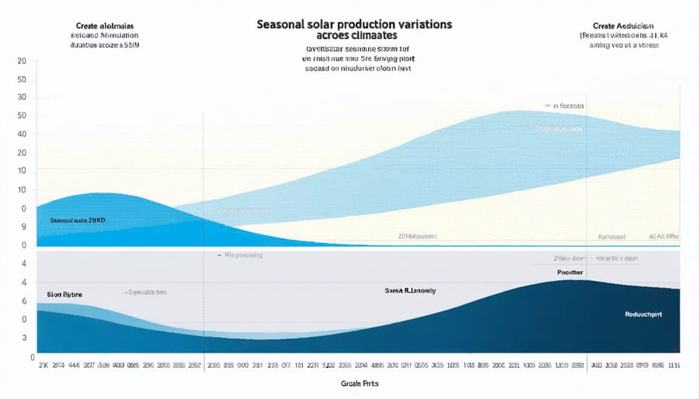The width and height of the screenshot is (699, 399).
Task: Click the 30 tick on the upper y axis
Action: [x=22, y=99]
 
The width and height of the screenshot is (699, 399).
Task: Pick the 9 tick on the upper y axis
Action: [x=23, y=227]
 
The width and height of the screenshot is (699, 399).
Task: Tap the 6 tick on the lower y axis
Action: [x=23, y=300]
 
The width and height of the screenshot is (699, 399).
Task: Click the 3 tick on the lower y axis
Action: [x=23, y=338]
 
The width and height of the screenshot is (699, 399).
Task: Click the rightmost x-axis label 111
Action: [x=674, y=365]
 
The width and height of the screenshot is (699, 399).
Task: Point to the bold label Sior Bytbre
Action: [x=64, y=295]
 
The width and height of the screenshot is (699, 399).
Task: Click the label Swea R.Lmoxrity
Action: [x=410, y=290]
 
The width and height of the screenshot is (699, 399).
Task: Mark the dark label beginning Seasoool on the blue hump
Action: [x=77, y=220]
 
